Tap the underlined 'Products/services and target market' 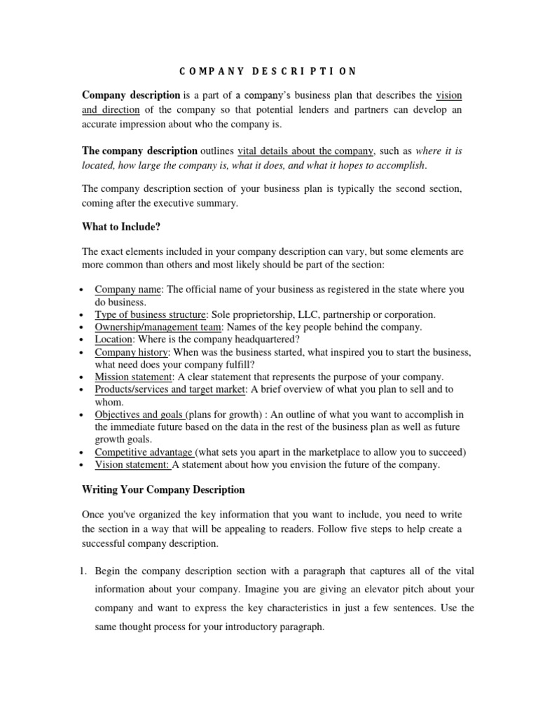pyautogui.click(x=170, y=389)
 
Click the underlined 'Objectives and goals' pyautogui.click(x=140, y=415)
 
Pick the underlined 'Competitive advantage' pyautogui.click(x=145, y=452)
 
